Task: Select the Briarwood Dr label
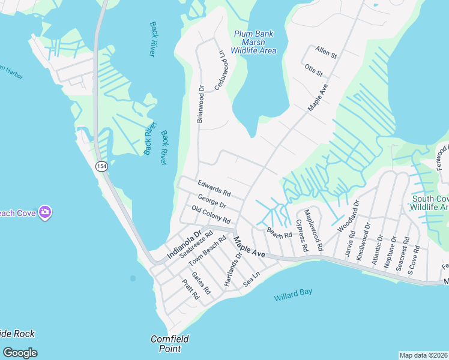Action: pos(201,104)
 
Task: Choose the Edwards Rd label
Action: pos(214,188)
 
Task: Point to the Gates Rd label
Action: pos(201,283)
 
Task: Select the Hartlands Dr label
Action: pos(232,268)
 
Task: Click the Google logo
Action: pos(20,353)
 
